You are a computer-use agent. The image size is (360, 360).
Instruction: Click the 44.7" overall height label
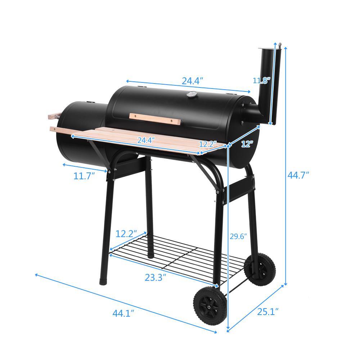tap(298, 175)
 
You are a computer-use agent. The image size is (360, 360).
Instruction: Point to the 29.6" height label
tap(239, 237)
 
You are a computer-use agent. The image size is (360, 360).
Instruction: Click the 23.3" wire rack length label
tap(156, 278)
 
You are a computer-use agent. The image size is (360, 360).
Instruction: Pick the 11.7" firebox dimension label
tap(84, 176)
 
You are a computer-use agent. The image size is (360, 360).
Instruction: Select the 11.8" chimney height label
tap(261, 80)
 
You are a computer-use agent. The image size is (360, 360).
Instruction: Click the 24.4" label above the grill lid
tap(193, 81)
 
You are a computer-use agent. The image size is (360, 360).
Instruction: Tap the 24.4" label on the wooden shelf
tap(146, 140)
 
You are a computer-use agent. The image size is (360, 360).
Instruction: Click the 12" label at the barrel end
tap(247, 144)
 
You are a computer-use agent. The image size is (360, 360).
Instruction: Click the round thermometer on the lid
tap(191, 95)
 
